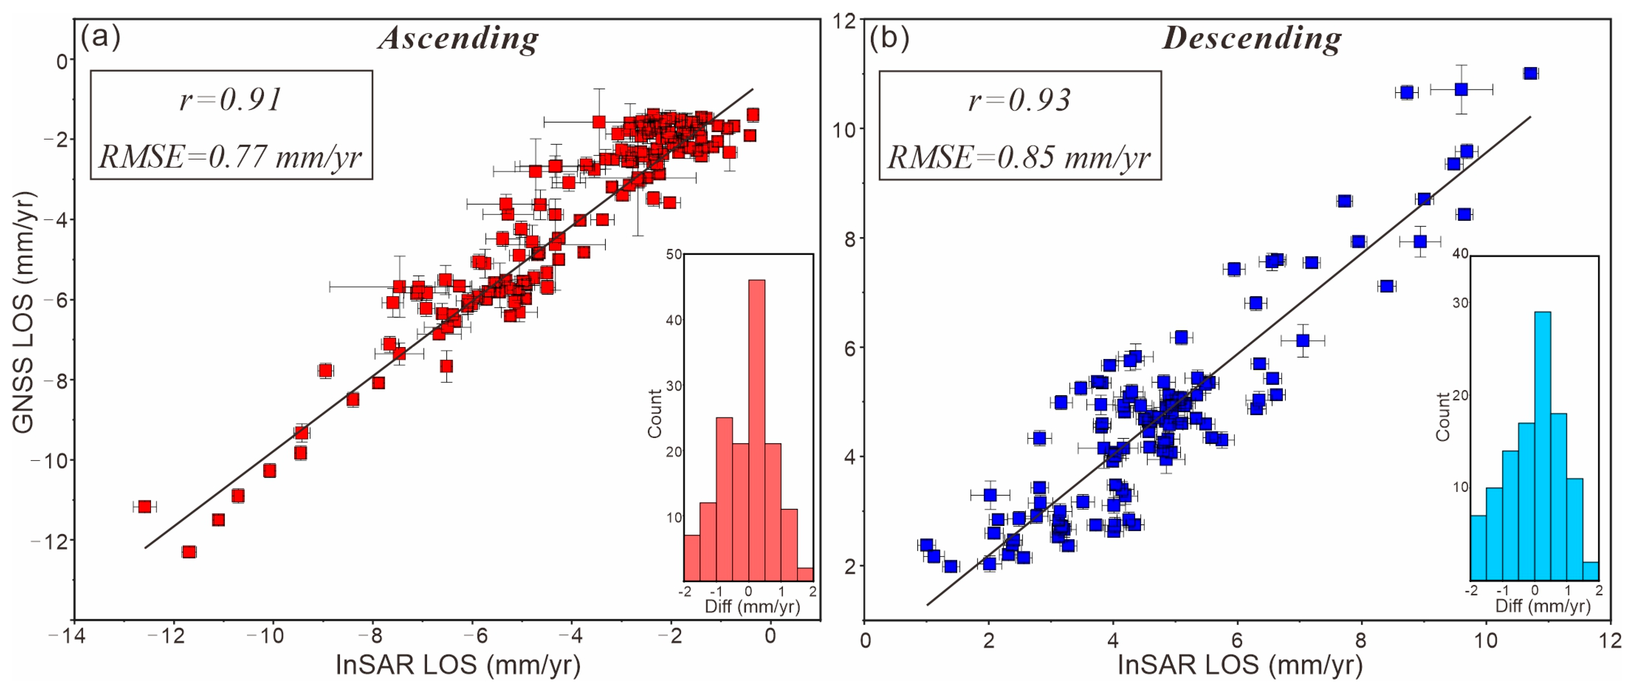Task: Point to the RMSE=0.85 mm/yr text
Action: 1019,156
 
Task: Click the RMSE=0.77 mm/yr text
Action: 230,156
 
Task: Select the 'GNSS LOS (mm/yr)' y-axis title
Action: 23,313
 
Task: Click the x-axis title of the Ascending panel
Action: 458,665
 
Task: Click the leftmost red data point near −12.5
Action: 145,507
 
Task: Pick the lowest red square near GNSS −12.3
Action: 189,552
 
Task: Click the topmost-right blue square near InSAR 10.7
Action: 1530,73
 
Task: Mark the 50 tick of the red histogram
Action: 674,254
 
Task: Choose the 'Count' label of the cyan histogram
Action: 1443,417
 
